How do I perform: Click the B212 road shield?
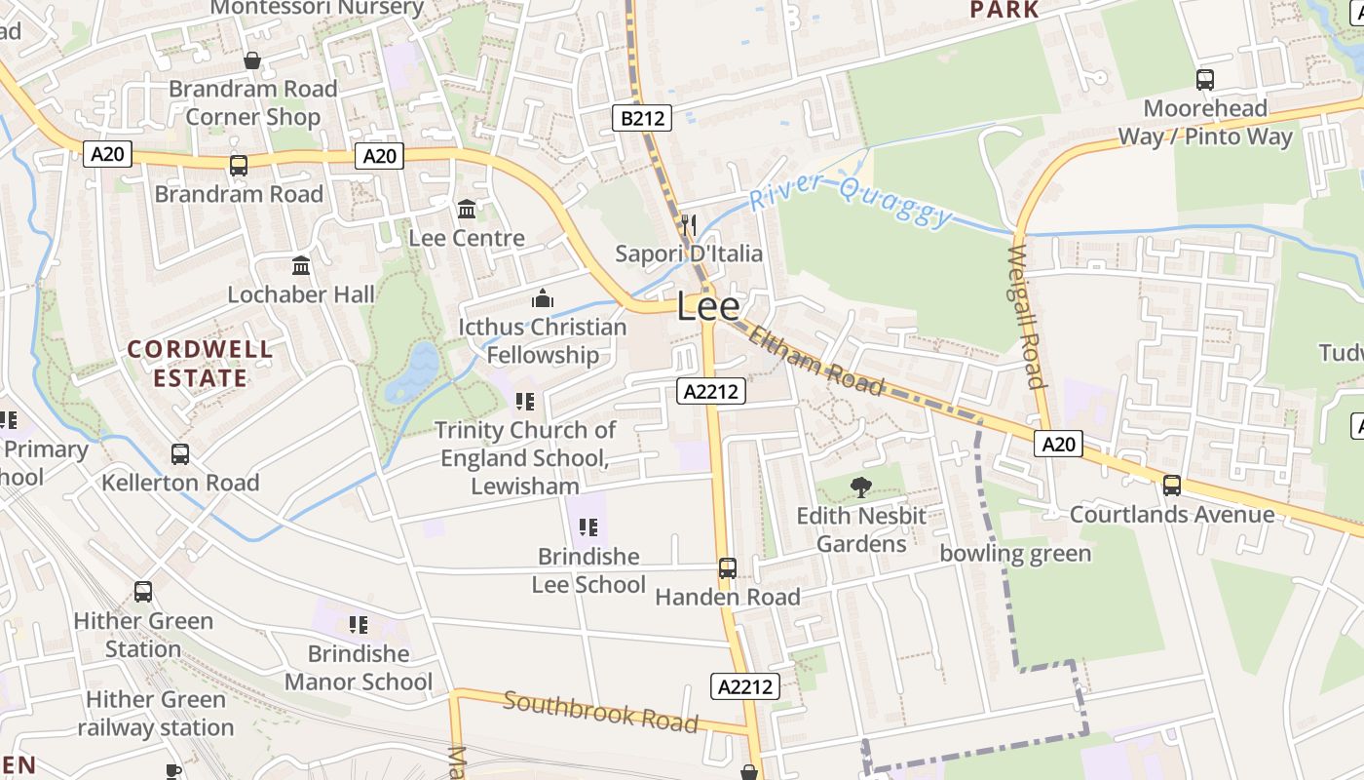[643, 119]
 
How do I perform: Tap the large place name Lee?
[708, 307]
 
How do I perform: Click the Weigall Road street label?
[1027, 316]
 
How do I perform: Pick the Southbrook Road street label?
[600, 712]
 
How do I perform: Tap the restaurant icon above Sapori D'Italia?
[689, 225]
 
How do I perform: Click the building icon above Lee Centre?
[467, 209]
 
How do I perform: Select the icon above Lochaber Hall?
[301, 265]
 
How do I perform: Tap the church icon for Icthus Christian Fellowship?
[543, 297]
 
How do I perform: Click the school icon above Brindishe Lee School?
[587, 527]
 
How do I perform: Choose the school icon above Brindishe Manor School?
[358, 624]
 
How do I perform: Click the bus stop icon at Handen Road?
[727, 567]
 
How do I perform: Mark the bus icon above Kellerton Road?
[180, 453]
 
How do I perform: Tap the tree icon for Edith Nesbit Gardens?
[860, 487]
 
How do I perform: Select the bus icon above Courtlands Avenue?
[1172, 485]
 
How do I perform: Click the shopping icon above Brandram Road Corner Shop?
[252, 60]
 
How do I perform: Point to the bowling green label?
[1015, 554]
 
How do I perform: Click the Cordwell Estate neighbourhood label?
[200, 363]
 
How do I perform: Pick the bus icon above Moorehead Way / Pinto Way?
[1205, 79]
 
